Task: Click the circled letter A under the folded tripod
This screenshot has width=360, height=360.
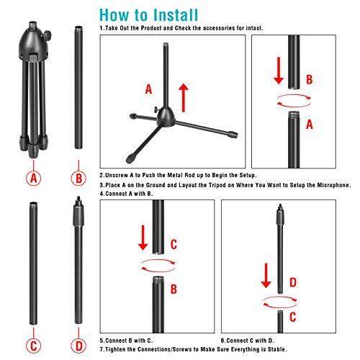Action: (x=34, y=178)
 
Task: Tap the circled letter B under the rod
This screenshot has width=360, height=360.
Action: (x=78, y=178)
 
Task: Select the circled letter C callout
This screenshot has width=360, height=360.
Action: (x=34, y=346)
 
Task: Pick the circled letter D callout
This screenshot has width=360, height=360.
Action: (x=78, y=346)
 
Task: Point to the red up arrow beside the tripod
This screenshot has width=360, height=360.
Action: (x=184, y=98)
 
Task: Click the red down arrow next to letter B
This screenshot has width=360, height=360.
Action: (x=279, y=71)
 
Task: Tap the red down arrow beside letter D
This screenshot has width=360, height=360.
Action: (x=266, y=276)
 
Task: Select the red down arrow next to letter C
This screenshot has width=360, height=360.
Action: (x=143, y=238)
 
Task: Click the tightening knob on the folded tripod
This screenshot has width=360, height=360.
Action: (x=48, y=35)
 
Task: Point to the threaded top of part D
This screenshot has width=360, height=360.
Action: (x=78, y=199)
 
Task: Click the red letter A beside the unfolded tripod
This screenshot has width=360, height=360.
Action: (x=149, y=89)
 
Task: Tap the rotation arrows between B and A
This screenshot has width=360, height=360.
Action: (x=294, y=100)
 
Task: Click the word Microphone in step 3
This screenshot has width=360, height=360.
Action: (x=334, y=185)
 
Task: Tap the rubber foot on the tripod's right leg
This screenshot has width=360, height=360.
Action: (x=233, y=135)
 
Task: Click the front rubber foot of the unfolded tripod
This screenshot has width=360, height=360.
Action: (x=130, y=158)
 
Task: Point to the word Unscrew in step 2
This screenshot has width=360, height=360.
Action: (x=117, y=175)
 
